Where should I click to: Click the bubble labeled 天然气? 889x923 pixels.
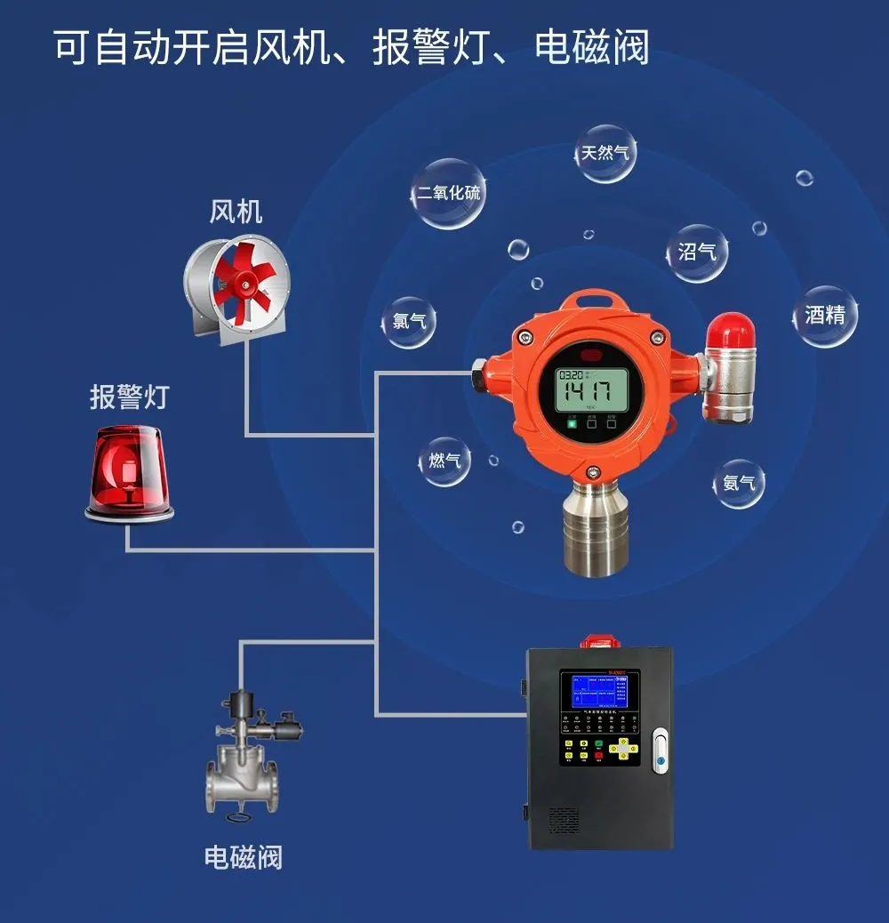point(605,153)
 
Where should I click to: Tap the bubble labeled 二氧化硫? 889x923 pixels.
point(449,193)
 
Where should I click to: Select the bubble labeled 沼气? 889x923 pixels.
point(697,252)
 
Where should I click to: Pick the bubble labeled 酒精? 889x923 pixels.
point(825,315)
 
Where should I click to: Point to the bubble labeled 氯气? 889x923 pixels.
point(409,320)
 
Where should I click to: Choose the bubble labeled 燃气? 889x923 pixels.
point(444,461)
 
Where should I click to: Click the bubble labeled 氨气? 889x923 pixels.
point(739,483)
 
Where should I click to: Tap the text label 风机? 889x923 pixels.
point(236,212)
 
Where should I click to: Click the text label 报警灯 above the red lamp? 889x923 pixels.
point(129,397)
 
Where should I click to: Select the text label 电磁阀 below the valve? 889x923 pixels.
point(243,858)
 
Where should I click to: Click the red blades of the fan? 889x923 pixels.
point(241,281)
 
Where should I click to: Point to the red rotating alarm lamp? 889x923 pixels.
point(129,470)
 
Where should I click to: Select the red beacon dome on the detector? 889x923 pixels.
point(731,329)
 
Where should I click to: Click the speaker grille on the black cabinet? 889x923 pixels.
point(564,819)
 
